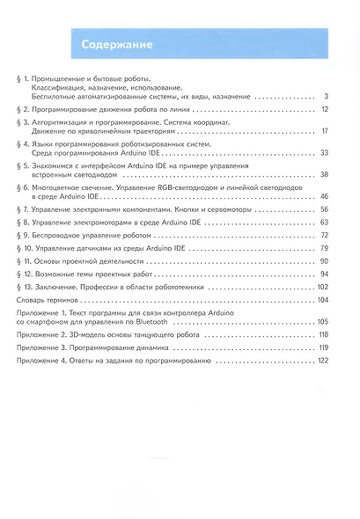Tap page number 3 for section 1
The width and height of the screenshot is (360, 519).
326,96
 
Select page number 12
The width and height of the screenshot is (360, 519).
324,109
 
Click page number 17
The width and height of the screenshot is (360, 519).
324,131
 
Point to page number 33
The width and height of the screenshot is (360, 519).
324,153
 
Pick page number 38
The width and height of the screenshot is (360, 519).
324,175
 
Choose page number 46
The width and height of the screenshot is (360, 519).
324,197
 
